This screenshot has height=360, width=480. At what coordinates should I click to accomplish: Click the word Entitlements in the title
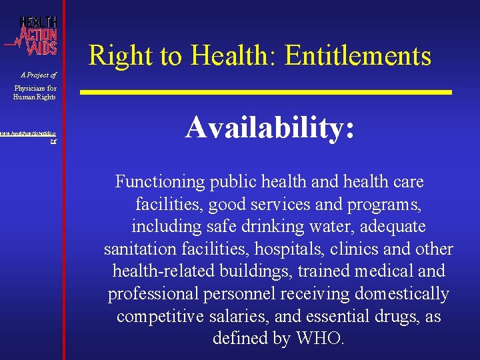pyautogui.click(x=358, y=55)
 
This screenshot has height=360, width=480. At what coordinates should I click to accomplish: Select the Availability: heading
pyautogui.click(x=269, y=127)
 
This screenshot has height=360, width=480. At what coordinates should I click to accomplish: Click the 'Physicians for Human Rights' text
pyautogui.click(x=35, y=92)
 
